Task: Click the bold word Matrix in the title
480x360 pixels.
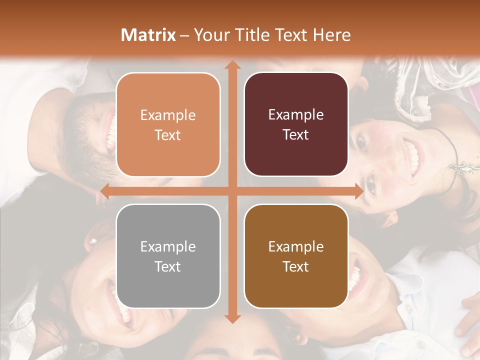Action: pos(148,35)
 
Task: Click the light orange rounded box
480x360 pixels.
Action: pos(168,124)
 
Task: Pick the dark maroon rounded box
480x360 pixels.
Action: pos(296,124)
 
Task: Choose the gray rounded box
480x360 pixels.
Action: pos(168,256)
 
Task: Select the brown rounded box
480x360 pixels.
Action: pos(296,256)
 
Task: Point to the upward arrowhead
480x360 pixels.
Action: pos(232,65)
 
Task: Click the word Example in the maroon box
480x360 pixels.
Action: pos(296,114)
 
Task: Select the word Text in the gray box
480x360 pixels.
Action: pos(167,266)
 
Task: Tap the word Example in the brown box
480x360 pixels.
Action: pos(296,246)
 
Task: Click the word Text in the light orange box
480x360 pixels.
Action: pos(167,135)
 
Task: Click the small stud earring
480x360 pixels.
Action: pos(92,241)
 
